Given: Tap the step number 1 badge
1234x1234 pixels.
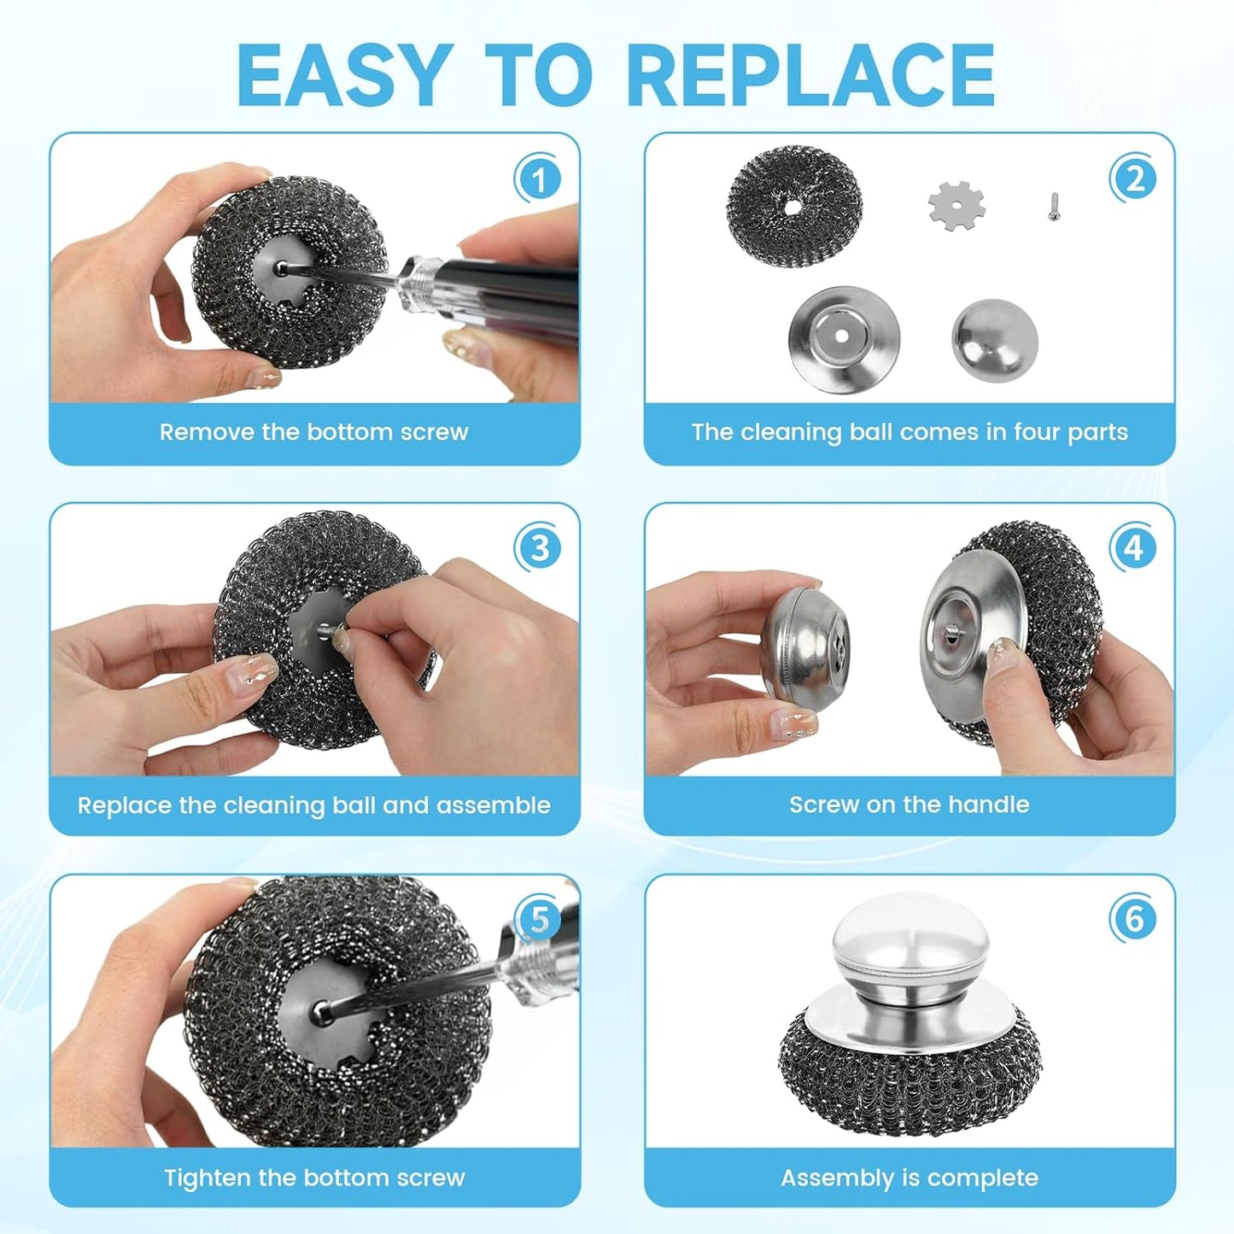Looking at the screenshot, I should [x=538, y=179].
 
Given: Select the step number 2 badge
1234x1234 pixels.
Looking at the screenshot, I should [x=1133, y=179].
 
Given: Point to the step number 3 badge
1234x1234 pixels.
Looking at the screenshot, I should [x=538, y=547].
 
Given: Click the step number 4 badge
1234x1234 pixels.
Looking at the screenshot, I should [x=1133, y=547].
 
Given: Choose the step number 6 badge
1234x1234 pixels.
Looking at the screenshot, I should [x=1133, y=919].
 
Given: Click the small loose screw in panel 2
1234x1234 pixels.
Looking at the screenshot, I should [x=1054, y=206].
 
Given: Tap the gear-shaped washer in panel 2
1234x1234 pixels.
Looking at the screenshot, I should [x=956, y=206].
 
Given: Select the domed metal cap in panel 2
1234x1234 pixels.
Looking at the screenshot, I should [x=995, y=340].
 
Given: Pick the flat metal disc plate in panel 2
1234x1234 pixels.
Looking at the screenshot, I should [x=843, y=339].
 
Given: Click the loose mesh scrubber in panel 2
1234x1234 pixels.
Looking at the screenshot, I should [x=793, y=206].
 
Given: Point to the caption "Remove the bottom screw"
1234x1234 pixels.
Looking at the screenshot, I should [x=313, y=432].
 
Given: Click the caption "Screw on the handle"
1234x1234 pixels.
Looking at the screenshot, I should [x=909, y=804].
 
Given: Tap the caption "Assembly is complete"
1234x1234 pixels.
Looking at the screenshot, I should [x=909, y=1178].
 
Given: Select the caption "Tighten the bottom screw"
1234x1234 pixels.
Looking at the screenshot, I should [x=313, y=1178].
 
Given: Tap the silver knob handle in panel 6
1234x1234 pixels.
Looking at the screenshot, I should [x=910, y=944].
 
